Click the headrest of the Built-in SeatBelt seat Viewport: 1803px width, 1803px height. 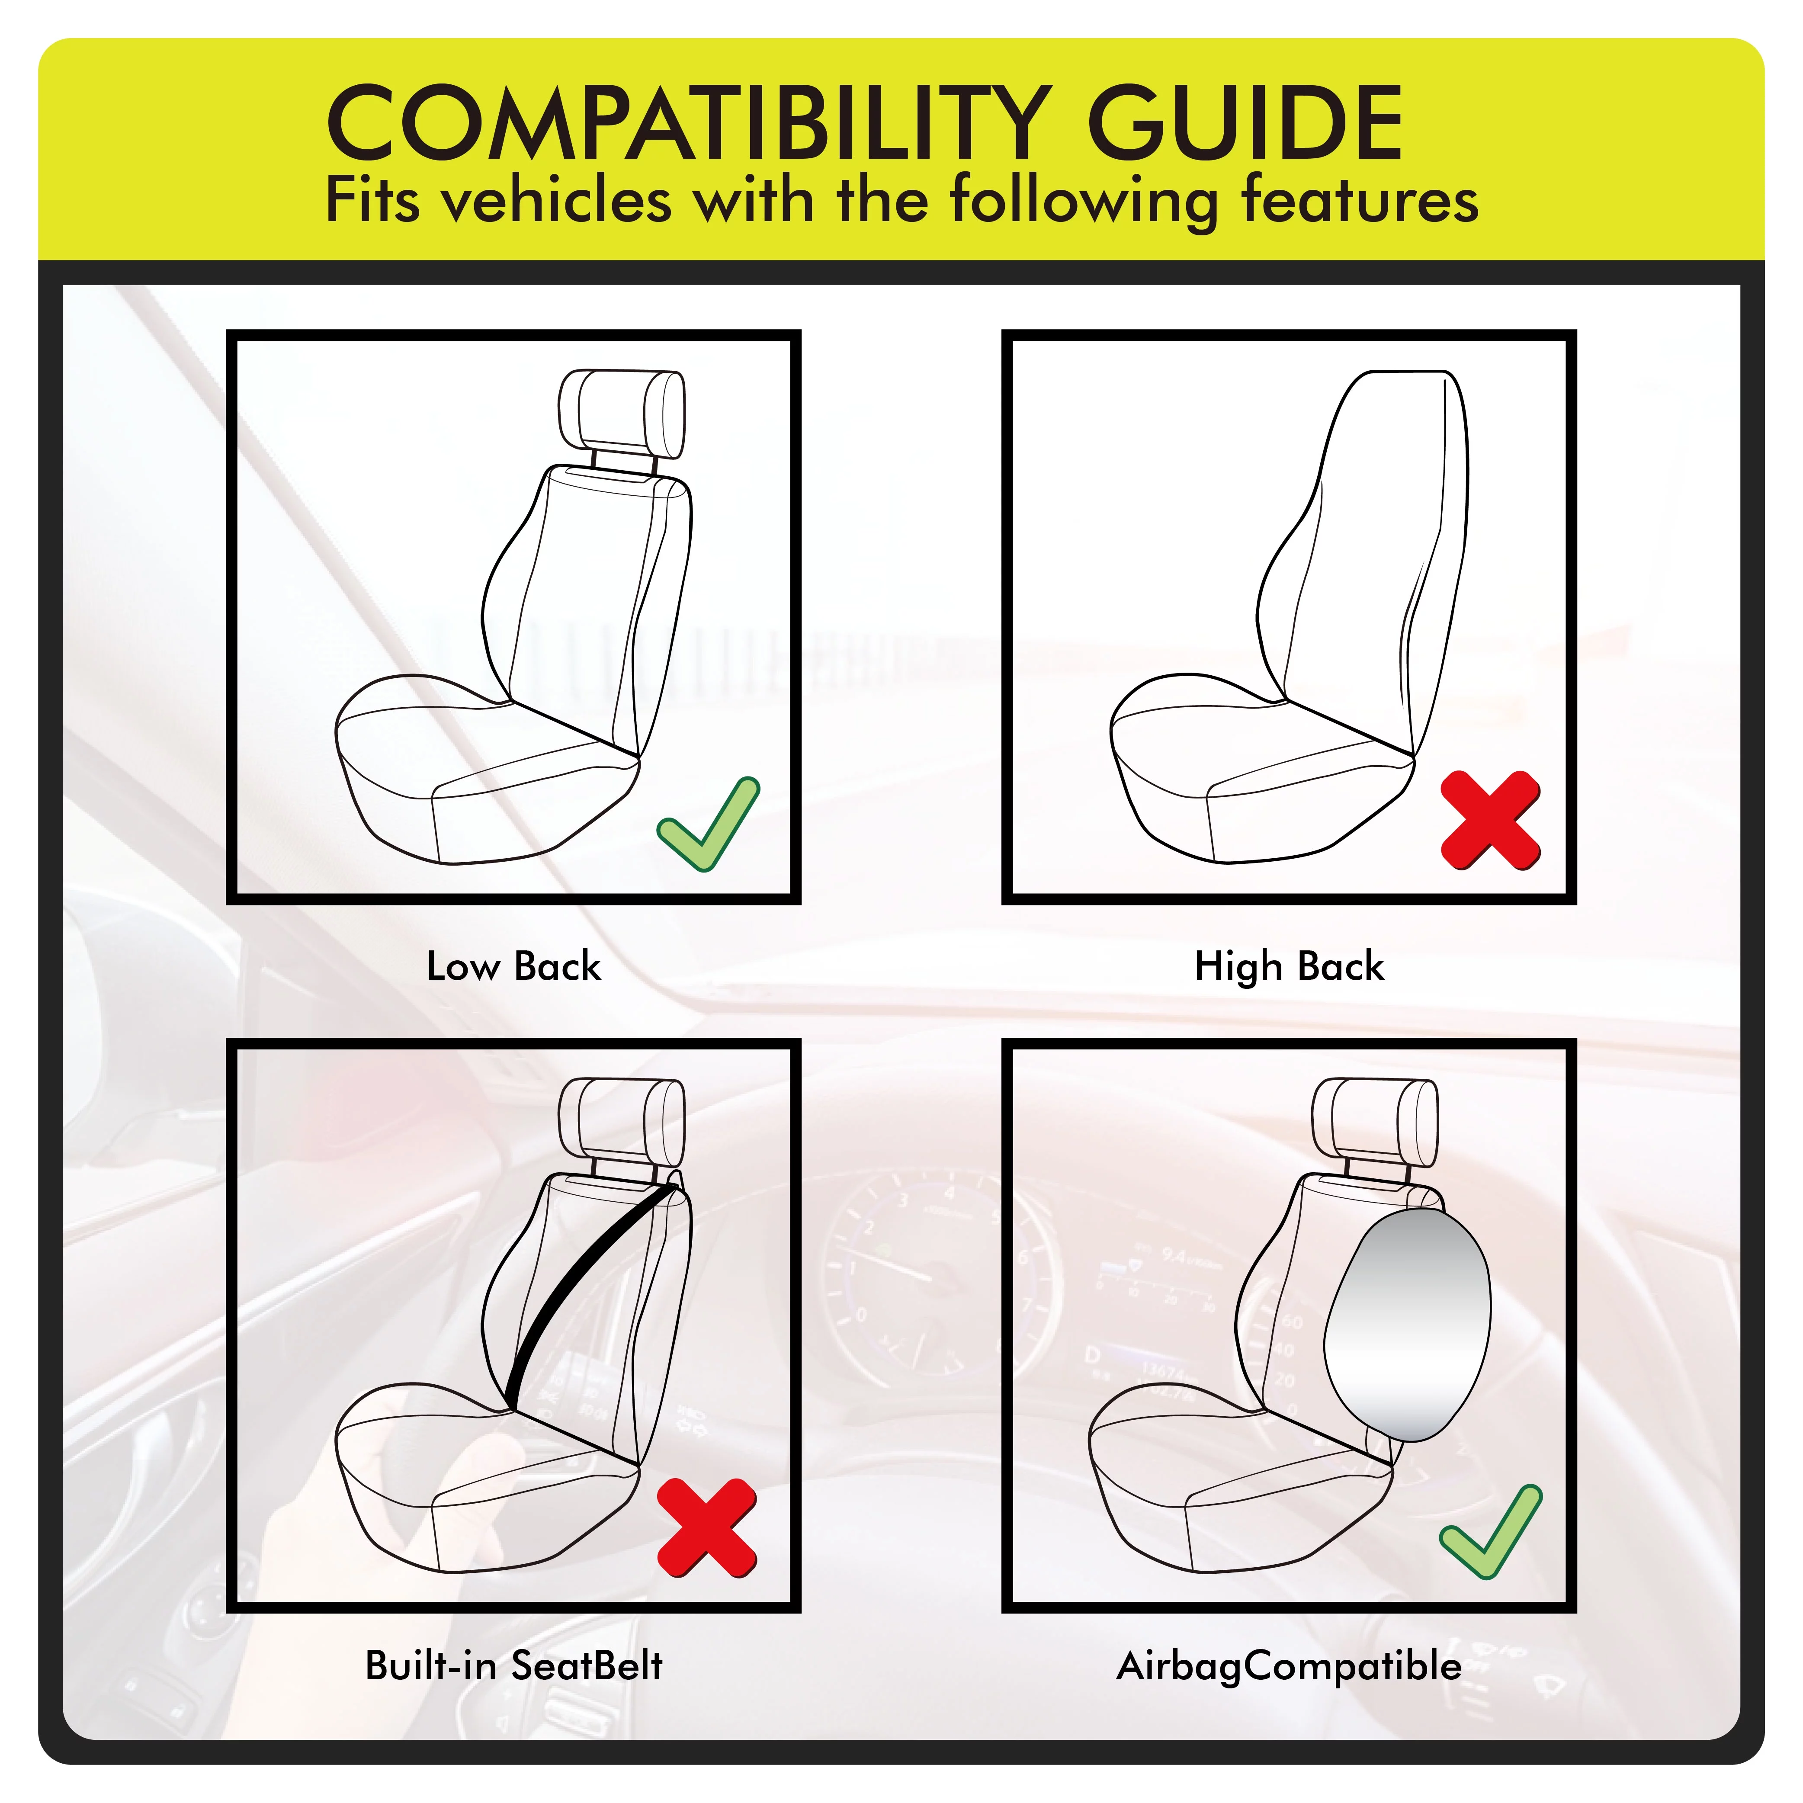pyautogui.click(x=622, y=1120)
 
